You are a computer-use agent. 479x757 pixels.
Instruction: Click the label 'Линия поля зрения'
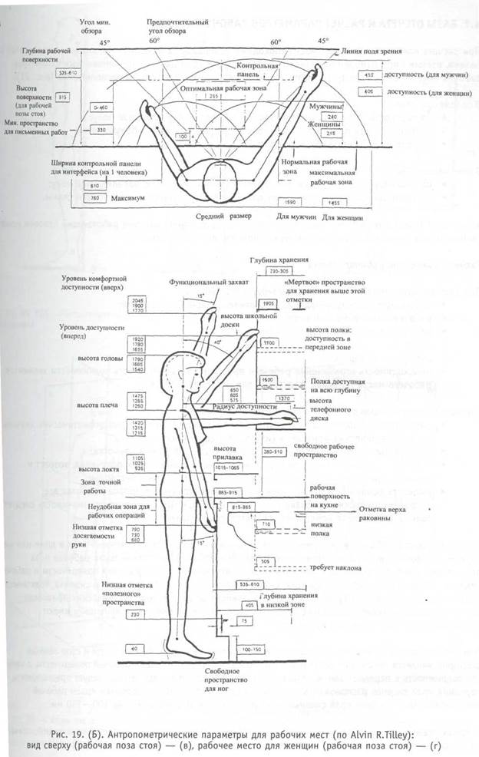(x=371, y=51)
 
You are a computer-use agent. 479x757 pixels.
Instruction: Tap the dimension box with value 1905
(x=268, y=303)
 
